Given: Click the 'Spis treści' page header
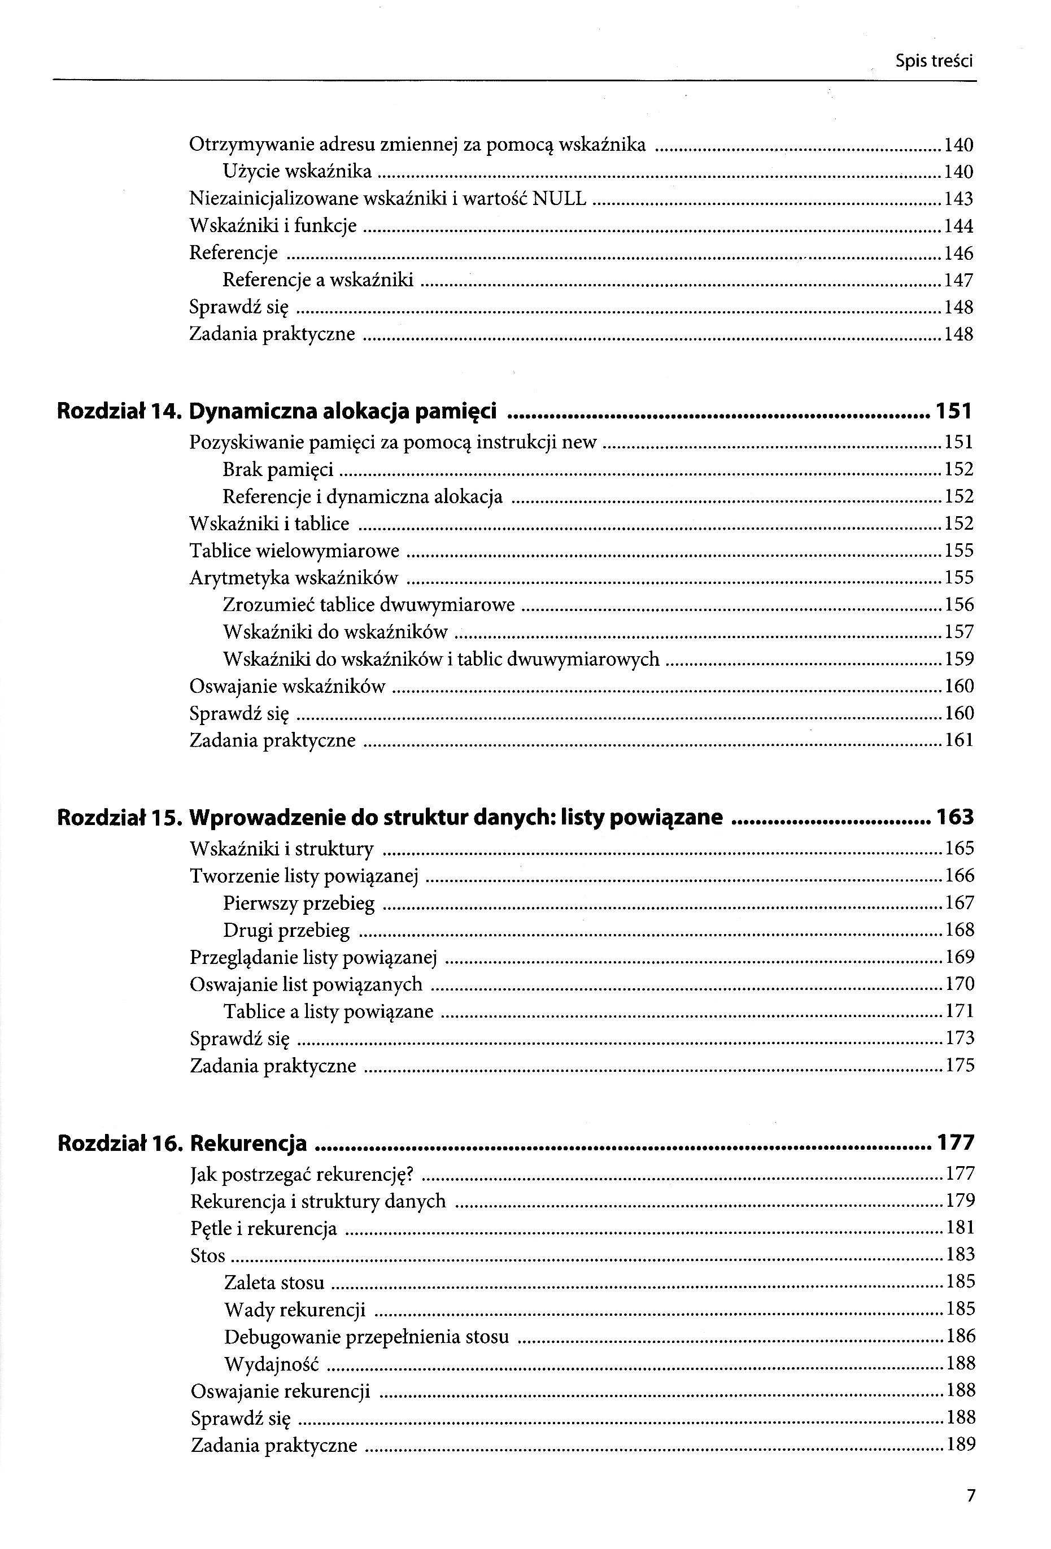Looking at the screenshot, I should [x=934, y=62].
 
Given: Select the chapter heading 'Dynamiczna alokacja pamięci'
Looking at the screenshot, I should [x=343, y=411].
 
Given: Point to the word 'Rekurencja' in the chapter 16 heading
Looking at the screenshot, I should [x=248, y=1142].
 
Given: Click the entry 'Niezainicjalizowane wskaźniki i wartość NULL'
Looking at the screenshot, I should [x=388, y=199].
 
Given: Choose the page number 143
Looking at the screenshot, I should [x=958, y=199].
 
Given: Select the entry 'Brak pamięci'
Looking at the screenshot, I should [x=278, y=470].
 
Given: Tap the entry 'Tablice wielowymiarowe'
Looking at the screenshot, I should [x=295, y=551].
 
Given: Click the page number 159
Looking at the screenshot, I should [x=959, y=659].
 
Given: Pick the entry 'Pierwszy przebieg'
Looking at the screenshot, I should [x=299, y=903].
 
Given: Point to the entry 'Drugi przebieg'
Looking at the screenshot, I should [x=286, y=930].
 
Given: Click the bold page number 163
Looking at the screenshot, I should [x=955, y=817].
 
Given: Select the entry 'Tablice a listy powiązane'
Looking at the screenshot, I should [x=329, y=1011].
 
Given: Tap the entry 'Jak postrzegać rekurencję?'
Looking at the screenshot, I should [x=303, y=1173].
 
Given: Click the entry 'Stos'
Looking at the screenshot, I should [x=208, y=1255].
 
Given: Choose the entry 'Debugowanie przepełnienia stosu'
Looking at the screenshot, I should [x=367, y=1336].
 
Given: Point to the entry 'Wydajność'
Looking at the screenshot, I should [x=272, y=1364].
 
